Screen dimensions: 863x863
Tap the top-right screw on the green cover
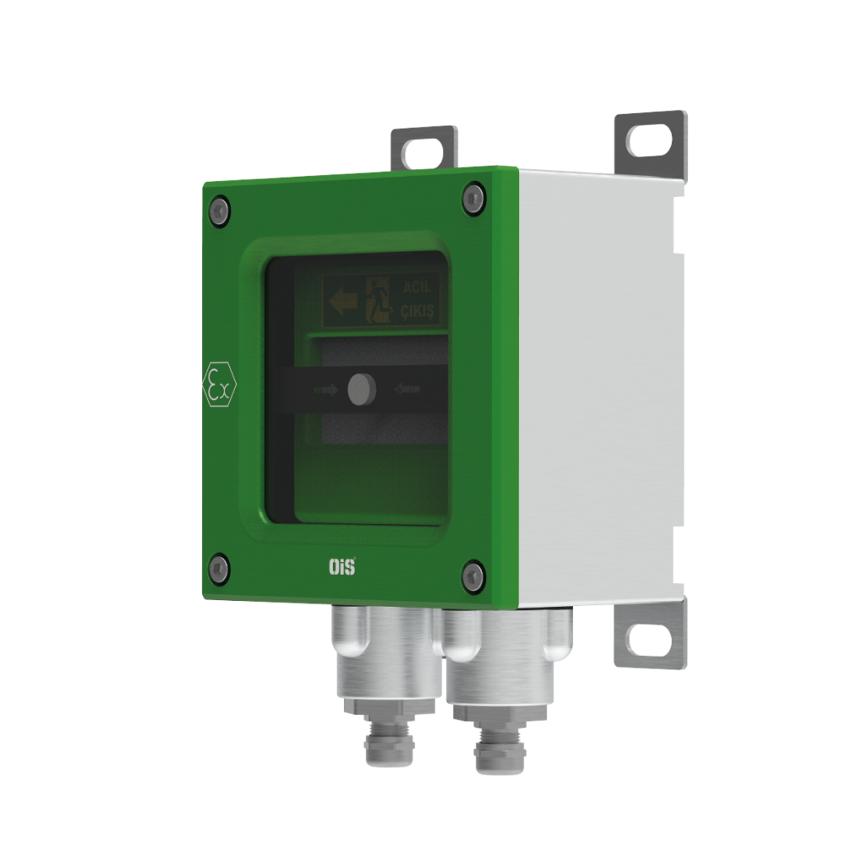click(473, 198)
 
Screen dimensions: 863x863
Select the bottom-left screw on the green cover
click(219, 568)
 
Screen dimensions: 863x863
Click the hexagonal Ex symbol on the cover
click(220, 386)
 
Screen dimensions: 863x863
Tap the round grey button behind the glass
click(362, 387)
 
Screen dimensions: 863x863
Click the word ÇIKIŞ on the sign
click(417, 313)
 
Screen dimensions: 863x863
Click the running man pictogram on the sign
click(380, 301)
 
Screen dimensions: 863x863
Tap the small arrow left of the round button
click(324, 389)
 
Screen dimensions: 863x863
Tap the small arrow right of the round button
click(406, 389)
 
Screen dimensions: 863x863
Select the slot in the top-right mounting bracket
click(649, 139)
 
